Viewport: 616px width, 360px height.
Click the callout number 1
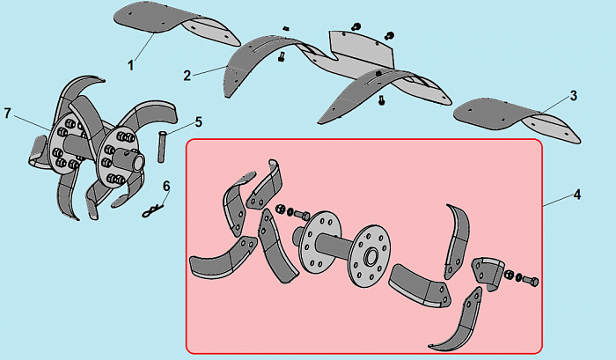click(x=131, y=65)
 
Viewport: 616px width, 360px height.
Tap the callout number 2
click(x=187, y=76)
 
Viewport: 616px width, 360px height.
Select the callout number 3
click(x=574, y=96)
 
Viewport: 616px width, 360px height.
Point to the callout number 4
click(x=576, y=195)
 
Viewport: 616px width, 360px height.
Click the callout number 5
click(x=199, y=122)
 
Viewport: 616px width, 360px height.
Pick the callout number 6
click(x=166, y=187)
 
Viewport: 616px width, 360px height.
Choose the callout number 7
click(x=7, y=114)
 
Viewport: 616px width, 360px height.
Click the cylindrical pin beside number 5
click(x=161, y=147)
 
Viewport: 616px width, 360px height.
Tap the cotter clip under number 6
click(x=152, y=210)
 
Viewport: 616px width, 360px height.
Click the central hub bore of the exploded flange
click(x=370, y=257)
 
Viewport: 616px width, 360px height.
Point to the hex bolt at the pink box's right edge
click(x=531, y=281)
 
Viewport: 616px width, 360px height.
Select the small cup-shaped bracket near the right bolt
click(x=488, y=272)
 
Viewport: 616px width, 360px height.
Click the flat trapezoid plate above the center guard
click(x=362, y=48)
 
